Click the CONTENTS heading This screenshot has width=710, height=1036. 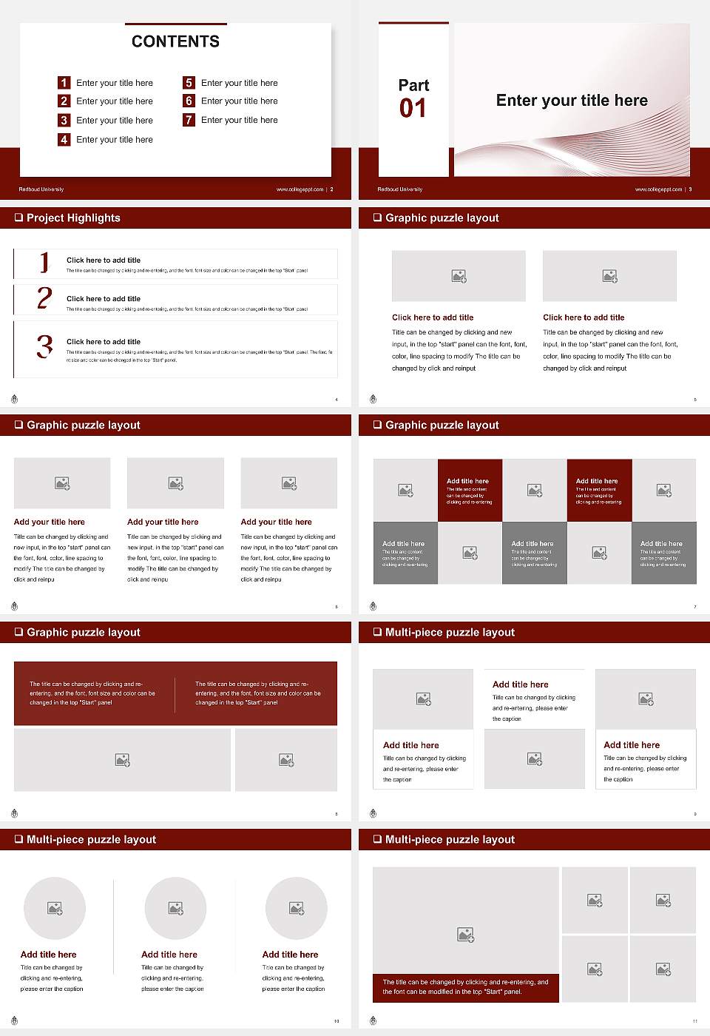(175, 41)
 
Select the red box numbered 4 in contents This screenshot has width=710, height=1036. (64, 139)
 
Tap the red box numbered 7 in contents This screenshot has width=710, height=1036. (189, 120)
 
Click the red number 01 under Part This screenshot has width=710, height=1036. (413, 109)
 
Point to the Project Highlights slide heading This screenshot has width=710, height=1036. (73, 218)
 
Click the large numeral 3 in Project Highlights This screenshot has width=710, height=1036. (44, 346)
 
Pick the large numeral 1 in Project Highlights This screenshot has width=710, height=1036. (44, 262)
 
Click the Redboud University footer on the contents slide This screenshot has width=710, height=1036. (41, 189)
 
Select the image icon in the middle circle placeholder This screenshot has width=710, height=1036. (175, 908)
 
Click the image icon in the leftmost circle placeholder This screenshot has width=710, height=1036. (55, 908)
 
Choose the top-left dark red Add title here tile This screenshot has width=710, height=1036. (470, 491)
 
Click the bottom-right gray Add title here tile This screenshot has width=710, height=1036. (663, 553)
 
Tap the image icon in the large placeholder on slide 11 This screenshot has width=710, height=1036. (465, 935)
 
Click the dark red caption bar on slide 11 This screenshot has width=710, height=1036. (466, 987)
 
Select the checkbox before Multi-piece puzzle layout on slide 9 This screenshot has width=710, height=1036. (377, 632)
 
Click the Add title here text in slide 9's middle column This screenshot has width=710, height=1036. (521, 684)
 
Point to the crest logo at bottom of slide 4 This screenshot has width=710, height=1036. (14, 400)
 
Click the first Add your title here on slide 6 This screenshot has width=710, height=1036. (49, 522)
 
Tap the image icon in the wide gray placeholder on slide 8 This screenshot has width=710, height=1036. (123, 760)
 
